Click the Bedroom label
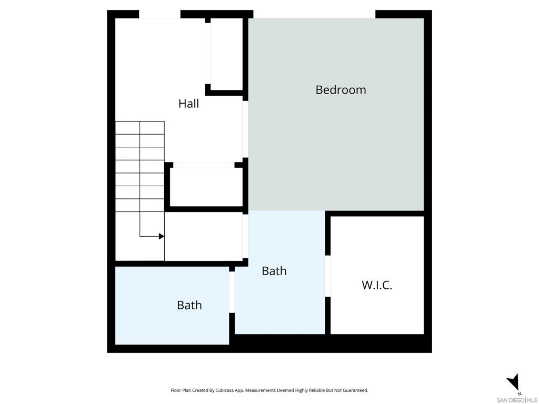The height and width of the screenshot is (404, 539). [x=341, y=90]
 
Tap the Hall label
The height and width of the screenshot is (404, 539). [x=188, y=104]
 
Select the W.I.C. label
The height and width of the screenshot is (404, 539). [x=377, y=286]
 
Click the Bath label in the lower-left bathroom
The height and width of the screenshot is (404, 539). [x=189, y=305]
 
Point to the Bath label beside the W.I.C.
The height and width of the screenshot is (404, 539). [x=274, y=271]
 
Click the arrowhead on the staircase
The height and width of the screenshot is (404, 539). [x=162, y=236]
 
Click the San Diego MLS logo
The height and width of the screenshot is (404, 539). [x=517, y=399]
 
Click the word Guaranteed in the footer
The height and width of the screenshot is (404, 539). [x=355, y=390]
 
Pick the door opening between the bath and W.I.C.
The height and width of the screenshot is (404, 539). [x=328, y=276]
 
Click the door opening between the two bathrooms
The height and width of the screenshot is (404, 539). [x=232, y=292]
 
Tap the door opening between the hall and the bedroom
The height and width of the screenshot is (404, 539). [x=245, y=129]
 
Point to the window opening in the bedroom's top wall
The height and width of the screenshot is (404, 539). [x=314, y=14]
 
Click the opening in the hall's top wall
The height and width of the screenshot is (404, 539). [x=159, y=14]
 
